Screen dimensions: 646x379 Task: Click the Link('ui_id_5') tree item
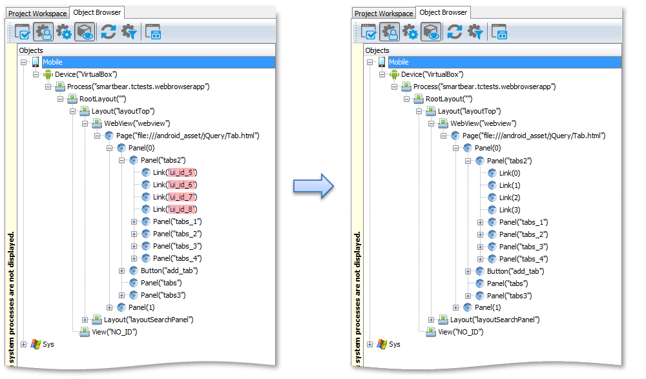[175, 172]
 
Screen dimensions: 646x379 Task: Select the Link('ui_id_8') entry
[175, 209]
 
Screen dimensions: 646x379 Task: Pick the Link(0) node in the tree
[510, 173]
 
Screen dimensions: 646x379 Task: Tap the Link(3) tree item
[510, 210]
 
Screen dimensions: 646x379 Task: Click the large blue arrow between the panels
[313, 186]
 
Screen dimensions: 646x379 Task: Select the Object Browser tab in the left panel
[98, 12]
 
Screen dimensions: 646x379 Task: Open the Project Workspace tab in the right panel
[384, 13]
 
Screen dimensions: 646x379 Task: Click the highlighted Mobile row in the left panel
[159, 62]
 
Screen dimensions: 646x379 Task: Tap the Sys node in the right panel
[394, 344]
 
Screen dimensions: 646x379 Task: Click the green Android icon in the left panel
[48, 74]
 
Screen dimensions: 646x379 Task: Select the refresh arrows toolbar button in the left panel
[109, 32]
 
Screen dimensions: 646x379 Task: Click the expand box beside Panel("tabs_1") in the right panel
[480, 223]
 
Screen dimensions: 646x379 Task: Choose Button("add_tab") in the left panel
[169, 271]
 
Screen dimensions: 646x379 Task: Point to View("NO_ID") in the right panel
[461, 332]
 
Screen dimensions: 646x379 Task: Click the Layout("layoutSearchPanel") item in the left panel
[149, 320]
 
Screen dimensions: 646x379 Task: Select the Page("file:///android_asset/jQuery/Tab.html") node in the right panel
[534, 136]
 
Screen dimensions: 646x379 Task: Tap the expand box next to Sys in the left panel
[23, 344]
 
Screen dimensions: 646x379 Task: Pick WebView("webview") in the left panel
[137, 123]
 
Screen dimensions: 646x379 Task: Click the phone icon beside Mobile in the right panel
[382, 62]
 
